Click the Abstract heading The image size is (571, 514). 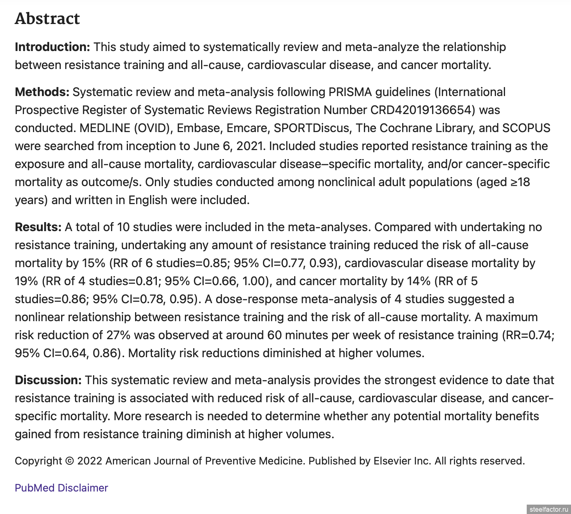coord(47,19)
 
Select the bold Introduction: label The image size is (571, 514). coord(52,47)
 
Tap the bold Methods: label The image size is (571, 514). coord(42,92)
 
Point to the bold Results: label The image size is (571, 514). coord(38,227)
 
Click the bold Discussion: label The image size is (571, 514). coord(48,380)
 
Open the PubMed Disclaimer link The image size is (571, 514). coord(61,488)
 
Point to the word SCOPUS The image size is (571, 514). coord(526,128)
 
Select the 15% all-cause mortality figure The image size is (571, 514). coord(93,263)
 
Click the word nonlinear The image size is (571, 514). coord(41,317)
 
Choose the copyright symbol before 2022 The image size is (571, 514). coord(69,461)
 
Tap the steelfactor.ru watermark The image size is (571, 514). coord(548,509)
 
